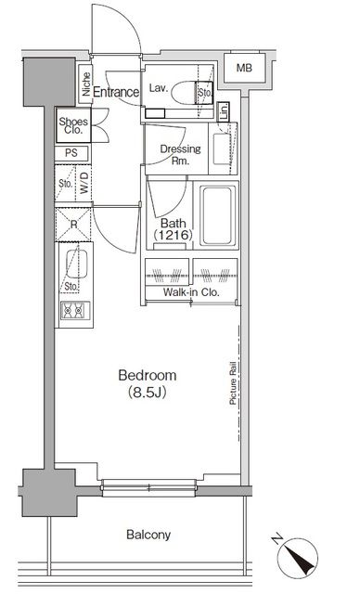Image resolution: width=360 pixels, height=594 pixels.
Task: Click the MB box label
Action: [x=242, y=68]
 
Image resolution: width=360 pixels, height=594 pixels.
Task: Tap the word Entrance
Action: [x=116, y=92]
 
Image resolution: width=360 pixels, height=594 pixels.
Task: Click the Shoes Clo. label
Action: [x=74, y=125]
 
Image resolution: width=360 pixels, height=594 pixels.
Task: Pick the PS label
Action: [x=71, y=153]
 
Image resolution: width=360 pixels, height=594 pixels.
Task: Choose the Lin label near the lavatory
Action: [x=224, y=111]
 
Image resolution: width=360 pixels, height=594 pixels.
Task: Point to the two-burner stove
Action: [x=71, y=312]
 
